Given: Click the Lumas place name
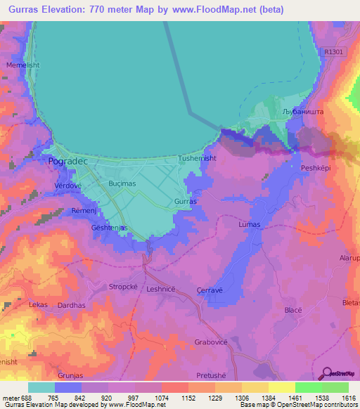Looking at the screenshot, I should click(x=249, y=224).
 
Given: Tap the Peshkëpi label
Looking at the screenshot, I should click(x=316, y=169).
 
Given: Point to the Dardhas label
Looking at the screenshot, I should click(x=72, y=306).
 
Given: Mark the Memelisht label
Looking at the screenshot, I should click(x=20, y=65).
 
